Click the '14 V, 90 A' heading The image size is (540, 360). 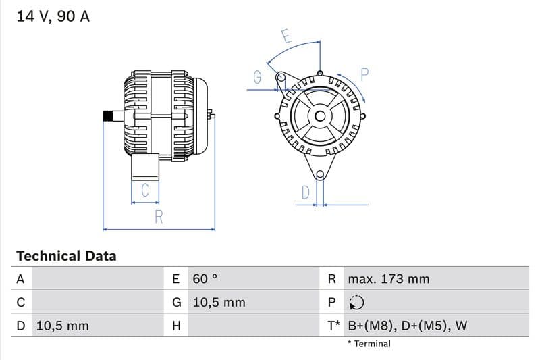(53, 17)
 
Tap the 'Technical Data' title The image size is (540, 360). (66, 256)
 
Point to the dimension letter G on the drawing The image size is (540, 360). (257, 78)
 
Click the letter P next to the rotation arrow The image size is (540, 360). (364, 75)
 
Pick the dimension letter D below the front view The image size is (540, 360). (305, 193)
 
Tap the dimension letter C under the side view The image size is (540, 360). (144, 191)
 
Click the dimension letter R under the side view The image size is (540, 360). (159, 217)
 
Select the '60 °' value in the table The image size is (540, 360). (205, 279)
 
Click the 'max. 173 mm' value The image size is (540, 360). (388, 279)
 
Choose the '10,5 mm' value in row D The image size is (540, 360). (62, 326)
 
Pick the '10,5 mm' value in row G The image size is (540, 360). (219, 303)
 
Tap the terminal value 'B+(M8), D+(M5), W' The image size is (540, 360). (407, 326)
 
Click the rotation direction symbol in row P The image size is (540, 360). (356, 303)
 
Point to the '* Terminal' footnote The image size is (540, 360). (369, 344)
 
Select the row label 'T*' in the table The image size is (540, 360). (333, 326)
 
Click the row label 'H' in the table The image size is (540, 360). (176, 326)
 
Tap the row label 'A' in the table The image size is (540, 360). (20, 279)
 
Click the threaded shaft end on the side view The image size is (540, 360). (107, 116)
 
